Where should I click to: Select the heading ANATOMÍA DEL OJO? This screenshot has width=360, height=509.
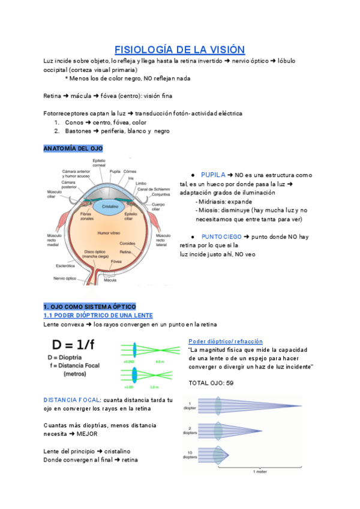click(x=73, y=148)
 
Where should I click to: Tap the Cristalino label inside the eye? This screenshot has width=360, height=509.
click(x=109, y=206)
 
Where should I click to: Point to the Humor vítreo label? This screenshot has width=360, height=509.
click(x=109, y=232)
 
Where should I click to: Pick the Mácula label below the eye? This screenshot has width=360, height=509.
click(x=110, y=280)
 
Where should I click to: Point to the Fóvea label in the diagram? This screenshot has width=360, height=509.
click(x=133, y=262)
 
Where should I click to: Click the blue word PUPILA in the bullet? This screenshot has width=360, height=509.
click(x=213, y=175)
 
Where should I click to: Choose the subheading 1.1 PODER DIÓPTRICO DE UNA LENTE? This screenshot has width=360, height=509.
click(x=98, y=316)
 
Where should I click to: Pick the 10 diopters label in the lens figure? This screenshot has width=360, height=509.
click(x=190, y=455)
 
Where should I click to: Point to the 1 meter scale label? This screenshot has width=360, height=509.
click(x=262, y=472)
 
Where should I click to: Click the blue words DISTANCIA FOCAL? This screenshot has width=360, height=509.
click(x=71, y=400)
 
